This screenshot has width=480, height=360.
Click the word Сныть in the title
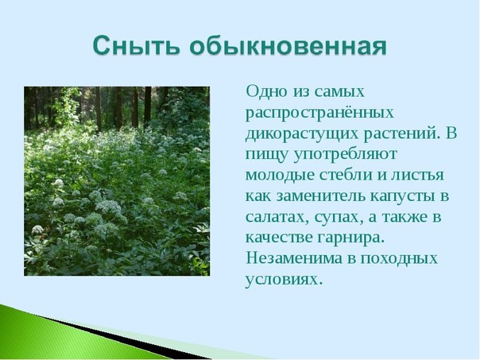point(136,45)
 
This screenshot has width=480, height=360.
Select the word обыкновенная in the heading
point(288,45)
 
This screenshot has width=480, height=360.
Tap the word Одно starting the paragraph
point(267,91)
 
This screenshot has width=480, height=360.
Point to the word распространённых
point(319,114)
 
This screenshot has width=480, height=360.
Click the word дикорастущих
point(303,134)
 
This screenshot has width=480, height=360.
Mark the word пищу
point(267,155)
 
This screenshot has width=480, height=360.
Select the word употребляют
point(345,155)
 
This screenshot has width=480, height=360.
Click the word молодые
point(280,176)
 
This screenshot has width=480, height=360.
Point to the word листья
point(415,176)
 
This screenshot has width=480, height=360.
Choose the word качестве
point(279,238)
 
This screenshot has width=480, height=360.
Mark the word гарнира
point(350,238)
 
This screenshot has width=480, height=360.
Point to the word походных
point(399,259)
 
